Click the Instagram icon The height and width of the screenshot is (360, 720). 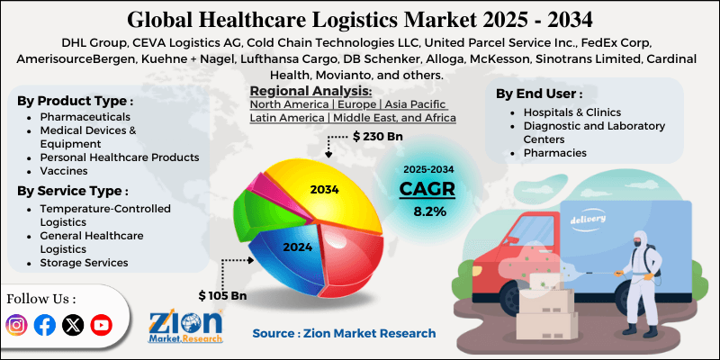click(17, 325)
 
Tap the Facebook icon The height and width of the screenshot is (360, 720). click(44, 325)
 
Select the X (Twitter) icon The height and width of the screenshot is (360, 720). click(73, 325)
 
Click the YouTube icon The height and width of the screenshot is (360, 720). click(101, 325)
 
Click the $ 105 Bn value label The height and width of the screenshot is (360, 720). click(223, 294)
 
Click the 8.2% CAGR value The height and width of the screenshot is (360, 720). click(428, 212)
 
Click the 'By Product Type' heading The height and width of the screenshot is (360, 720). click(76, 101)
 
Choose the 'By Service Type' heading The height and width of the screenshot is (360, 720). click(73, 191)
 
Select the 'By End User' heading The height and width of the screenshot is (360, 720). click(539, 94)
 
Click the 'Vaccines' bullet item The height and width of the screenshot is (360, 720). click(66, 171)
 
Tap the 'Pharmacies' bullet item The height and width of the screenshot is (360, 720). click(554, 153)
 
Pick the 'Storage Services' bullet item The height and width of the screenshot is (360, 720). click(83, 263)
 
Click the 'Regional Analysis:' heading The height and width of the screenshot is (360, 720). click(310, 91)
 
